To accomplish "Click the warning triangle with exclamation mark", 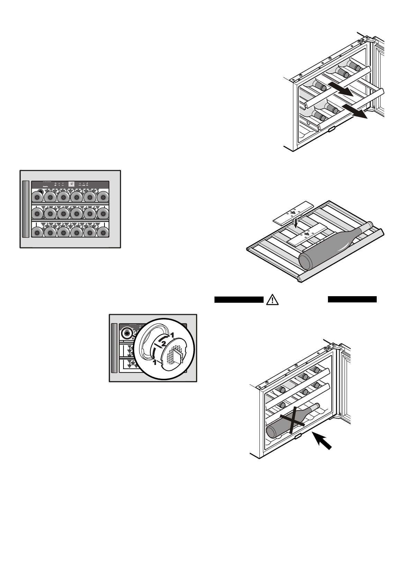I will [x=273, y=299].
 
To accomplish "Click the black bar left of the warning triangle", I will [x=239, y=300].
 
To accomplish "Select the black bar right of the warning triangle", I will [x=352, y=299].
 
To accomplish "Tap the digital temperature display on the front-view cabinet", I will [x=72, y=184].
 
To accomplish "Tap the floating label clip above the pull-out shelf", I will [x=293, y=212].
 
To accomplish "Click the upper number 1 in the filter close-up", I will [x=172, y=334].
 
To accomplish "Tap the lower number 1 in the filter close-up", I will [x=155, y=363].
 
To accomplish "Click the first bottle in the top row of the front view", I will [x=37, y=197].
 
